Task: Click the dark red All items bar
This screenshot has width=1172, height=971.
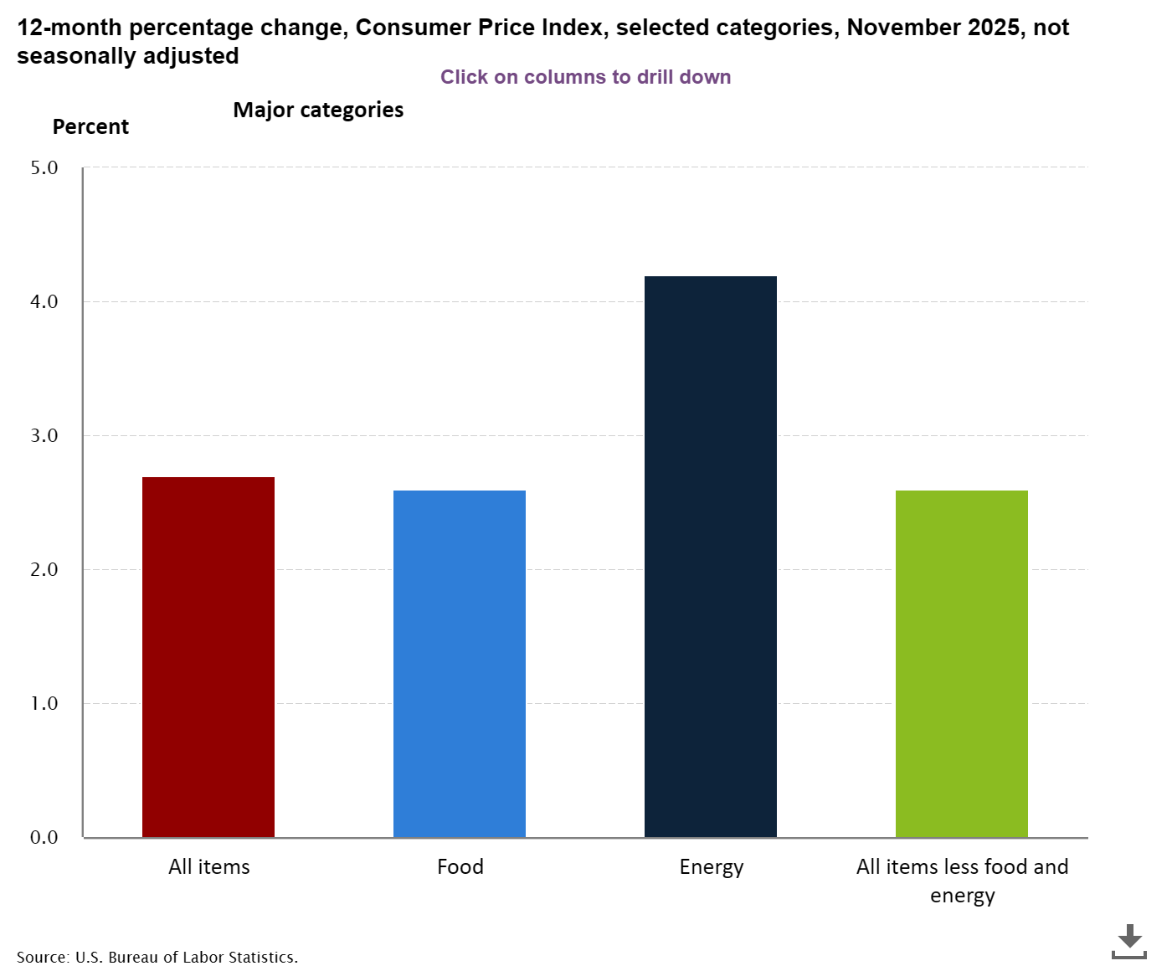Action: [208, 657]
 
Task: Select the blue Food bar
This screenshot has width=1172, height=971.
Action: [460, 664]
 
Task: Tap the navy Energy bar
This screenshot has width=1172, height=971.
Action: [711, 557]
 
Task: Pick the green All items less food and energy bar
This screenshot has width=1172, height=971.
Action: [962, 664]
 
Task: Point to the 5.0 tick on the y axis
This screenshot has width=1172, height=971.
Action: [44, 167]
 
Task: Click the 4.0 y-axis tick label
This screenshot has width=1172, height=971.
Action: [44, 301]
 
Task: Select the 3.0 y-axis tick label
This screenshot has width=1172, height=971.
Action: [44, 435]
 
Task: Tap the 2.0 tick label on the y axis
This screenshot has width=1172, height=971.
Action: [44, 569]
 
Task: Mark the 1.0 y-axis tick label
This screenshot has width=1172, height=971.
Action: [44, 703]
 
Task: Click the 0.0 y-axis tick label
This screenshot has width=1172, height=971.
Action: [44, 837]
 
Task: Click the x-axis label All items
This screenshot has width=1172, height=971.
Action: [209, 866]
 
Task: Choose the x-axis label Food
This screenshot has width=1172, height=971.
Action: [460, 866]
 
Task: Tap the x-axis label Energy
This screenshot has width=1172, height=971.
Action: [712, 866]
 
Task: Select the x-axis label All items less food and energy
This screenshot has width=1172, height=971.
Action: [963, 880]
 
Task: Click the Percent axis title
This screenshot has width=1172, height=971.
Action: [90, 127]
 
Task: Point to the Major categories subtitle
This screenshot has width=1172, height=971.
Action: [318, 110]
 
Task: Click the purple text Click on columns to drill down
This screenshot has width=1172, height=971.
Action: [586, 77]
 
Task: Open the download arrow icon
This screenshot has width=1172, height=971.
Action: [1129, 941]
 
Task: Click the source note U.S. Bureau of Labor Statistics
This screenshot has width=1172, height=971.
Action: [157, 957]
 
